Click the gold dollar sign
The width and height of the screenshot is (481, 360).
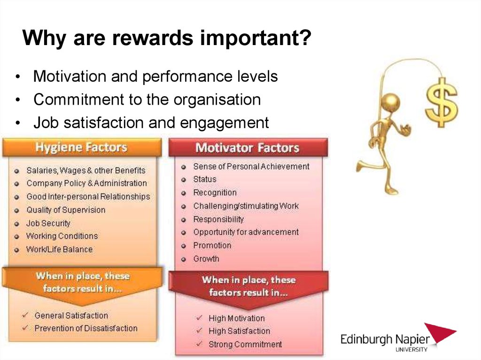(441, 103)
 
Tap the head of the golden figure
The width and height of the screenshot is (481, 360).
(390, 102)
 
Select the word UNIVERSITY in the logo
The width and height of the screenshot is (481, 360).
(411, 349)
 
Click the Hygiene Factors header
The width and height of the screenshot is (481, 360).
(82, 147)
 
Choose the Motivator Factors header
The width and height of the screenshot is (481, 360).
(248, 147)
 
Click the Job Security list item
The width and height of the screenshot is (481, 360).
(48, 223)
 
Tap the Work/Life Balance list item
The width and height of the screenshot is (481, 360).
(59, 249)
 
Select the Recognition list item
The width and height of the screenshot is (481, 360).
(215, 192)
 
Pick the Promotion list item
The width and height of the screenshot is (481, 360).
(212, 245)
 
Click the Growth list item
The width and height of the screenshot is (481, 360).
(206, 259)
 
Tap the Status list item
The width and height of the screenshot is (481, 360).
(205, 179)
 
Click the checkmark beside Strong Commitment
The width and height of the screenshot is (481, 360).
(199, 344)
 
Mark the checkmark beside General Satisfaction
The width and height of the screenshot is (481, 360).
(25, 315)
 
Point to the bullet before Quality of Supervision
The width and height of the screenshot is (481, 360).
(17, 211)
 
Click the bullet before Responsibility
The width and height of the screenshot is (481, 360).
(184, 220)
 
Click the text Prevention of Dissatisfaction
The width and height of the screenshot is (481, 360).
(86, 328)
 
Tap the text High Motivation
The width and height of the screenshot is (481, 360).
(237, 318)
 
